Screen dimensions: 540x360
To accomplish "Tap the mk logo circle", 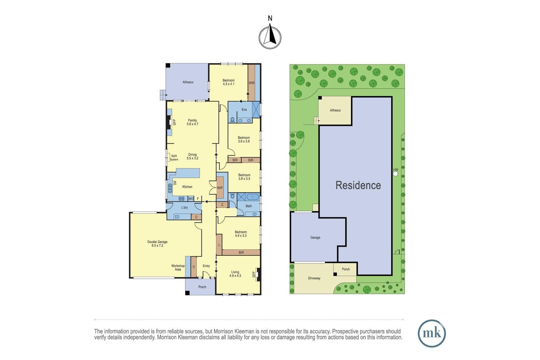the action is [432, 333].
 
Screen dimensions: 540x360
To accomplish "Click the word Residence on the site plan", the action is [358, 185].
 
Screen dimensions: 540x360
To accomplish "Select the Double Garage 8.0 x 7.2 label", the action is [157, 244].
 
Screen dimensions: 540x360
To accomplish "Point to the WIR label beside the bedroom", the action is [251, 83].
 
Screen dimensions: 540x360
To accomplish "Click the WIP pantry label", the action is [220, 188].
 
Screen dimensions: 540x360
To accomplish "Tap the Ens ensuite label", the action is [244, 109].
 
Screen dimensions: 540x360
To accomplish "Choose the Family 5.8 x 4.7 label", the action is [192, 122].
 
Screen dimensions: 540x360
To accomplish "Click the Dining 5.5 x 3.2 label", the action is [192, 157].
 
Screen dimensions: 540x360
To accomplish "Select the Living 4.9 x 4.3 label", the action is [235, 274].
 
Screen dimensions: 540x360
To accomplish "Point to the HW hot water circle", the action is [395, 174].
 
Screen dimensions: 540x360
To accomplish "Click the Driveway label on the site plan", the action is [314, 278].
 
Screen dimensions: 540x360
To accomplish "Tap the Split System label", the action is [174, 158].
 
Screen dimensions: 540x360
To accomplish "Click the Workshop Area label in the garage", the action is [178, 268].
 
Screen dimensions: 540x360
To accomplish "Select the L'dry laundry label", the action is [184, 207].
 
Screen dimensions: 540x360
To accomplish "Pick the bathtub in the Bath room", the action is [252, 197].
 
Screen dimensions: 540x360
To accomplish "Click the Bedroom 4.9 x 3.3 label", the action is [241, 234].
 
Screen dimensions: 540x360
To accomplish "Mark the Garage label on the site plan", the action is [315, 237].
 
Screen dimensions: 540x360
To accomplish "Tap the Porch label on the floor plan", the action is [202, 287].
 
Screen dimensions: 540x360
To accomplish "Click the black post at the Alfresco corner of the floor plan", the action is [168, 65].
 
